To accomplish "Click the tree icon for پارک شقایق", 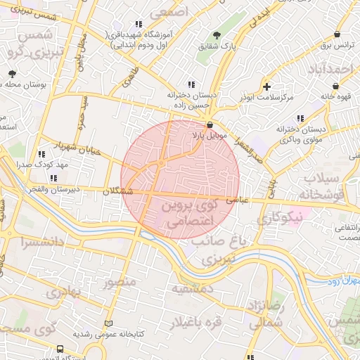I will pos(217,35).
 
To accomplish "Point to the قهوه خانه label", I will pos(335,96).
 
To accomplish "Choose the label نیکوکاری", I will pos(278,219).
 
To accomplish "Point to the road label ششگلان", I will pos(117,191).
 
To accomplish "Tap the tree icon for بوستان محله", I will pos(12,73).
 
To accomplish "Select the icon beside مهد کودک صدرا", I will pos(42,153).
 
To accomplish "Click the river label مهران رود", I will pos(342,281).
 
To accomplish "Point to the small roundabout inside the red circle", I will pos(161,163).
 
